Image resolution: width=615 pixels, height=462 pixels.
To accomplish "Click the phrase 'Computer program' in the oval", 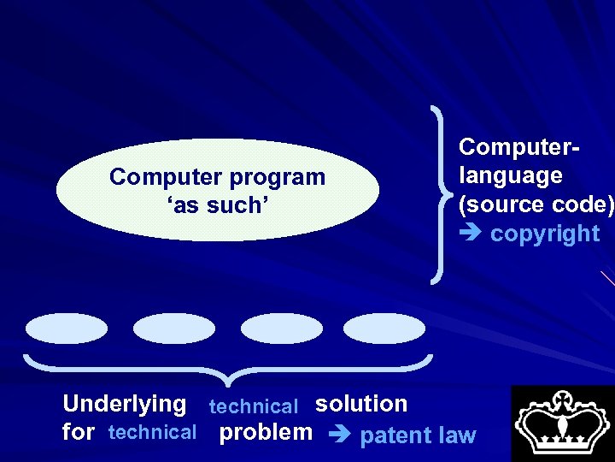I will click(217, 177).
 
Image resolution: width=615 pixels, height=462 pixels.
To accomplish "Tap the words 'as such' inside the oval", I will click(217, 205).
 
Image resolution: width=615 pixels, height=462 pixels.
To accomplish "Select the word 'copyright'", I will click(545, 234).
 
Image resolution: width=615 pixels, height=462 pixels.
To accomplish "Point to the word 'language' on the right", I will click(510, 176).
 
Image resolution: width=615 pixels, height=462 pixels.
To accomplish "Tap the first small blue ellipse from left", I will click(67, 328).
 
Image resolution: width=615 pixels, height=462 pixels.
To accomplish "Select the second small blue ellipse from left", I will click(175, 328).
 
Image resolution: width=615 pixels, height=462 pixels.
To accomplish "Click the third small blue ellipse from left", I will click(281, 328).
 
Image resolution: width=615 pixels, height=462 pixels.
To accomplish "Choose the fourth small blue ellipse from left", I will click(384, 328).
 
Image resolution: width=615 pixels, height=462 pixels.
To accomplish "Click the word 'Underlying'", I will click(125, 403).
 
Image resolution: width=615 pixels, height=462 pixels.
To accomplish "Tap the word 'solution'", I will click(361, 403).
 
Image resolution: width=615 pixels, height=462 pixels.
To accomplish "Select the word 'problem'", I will click(266, 432).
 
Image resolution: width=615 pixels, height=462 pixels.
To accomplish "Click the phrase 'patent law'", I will click(418, 435).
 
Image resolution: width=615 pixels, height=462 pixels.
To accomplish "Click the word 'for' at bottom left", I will click(79, 433).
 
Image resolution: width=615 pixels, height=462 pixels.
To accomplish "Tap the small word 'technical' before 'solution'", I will click(254, 407).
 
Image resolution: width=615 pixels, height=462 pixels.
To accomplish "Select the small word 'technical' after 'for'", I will click(153, 433).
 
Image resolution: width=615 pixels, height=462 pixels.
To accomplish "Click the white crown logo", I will click(562, 423).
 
